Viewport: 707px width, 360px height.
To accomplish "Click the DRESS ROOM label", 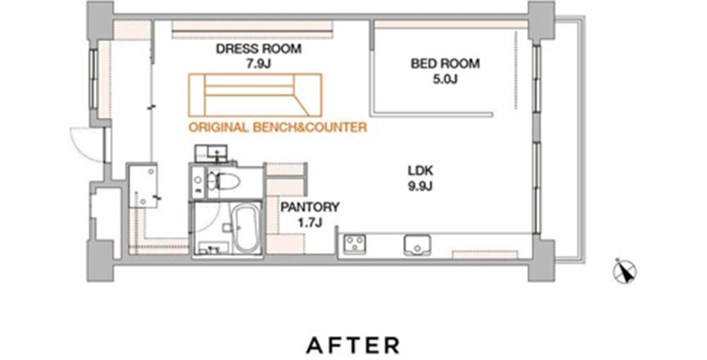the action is (258, 49).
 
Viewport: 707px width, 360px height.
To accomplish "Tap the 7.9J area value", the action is (258, 64).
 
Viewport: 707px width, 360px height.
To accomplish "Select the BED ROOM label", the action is (445, 63).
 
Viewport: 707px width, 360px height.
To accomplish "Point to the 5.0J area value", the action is (445, 79).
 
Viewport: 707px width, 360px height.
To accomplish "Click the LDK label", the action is (421, 171).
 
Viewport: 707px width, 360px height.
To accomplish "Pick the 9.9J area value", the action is (421, 186).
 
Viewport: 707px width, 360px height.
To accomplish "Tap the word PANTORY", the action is (310, 207).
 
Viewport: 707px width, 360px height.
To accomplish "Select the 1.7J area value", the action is (310, 222).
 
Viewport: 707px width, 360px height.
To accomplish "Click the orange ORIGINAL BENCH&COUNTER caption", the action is (278, 128).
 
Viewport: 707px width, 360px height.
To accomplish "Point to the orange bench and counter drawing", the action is (255, 95).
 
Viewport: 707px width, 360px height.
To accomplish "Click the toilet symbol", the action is (224, 181).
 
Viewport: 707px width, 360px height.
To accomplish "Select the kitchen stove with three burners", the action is (354, 243).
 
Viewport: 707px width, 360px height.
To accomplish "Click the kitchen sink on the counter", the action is (417, 243).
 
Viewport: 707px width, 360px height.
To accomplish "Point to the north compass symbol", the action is (625, 271).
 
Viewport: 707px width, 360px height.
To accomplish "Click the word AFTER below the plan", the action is (353, 345).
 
